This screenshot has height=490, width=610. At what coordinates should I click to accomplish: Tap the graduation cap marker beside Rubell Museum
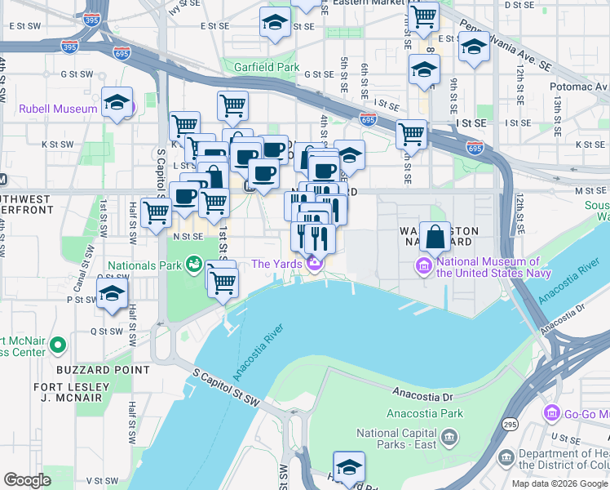pyautogui.click(x=117, y=103)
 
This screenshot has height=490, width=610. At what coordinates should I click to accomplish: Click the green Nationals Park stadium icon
pyautogui.click(x=194, y=264)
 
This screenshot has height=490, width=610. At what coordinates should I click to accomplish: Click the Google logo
pyautogui.click(x=27, y=479)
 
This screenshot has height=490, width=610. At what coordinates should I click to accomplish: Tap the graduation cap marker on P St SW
pyautogui.click(x=111, y=292)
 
